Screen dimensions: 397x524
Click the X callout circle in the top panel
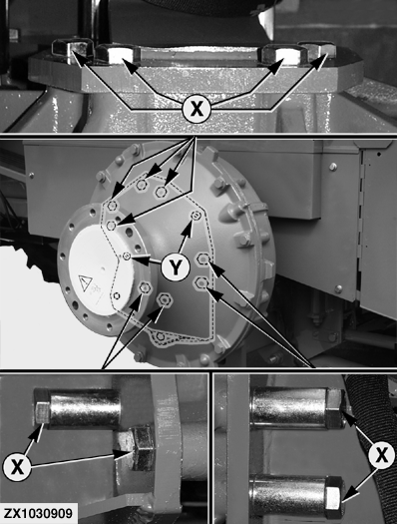pyautogui.click(x=197, y=109)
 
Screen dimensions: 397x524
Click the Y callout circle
pyautogui.click(x=176, y=266)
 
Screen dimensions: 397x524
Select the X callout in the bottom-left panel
pyautogui.click(x=17, y=466)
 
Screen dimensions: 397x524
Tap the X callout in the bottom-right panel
pyautogui.click(x=382, y=455)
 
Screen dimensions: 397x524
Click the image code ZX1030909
pyautogui.click(x=38, y=514)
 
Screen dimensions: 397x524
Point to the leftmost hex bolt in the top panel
pyautogui.click(x=72, y=51)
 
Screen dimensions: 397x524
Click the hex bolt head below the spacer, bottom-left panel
pyautogui.click(x=136, y=448)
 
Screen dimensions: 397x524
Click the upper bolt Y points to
pyautogui.click(x=196, y=216)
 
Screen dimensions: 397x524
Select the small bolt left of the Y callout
pyautogui.click(x=127, y=257)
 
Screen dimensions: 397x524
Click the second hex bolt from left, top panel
pyautogui.click(x=119, y=54)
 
